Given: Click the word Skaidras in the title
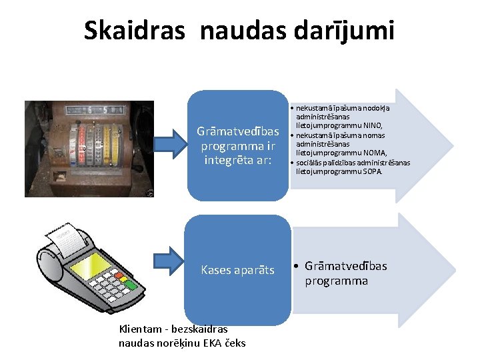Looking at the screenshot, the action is [134, 30].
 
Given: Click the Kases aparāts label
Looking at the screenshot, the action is [238, 270].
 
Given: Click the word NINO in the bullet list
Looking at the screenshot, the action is [371, 125].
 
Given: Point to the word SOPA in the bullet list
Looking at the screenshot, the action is [372, 171].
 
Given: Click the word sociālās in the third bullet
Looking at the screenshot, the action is [309, 162].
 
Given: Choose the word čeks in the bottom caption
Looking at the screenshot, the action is [233, 343].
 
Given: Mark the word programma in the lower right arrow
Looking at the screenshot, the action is [336, 281].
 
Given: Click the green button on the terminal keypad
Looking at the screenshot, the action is [131, 285].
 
